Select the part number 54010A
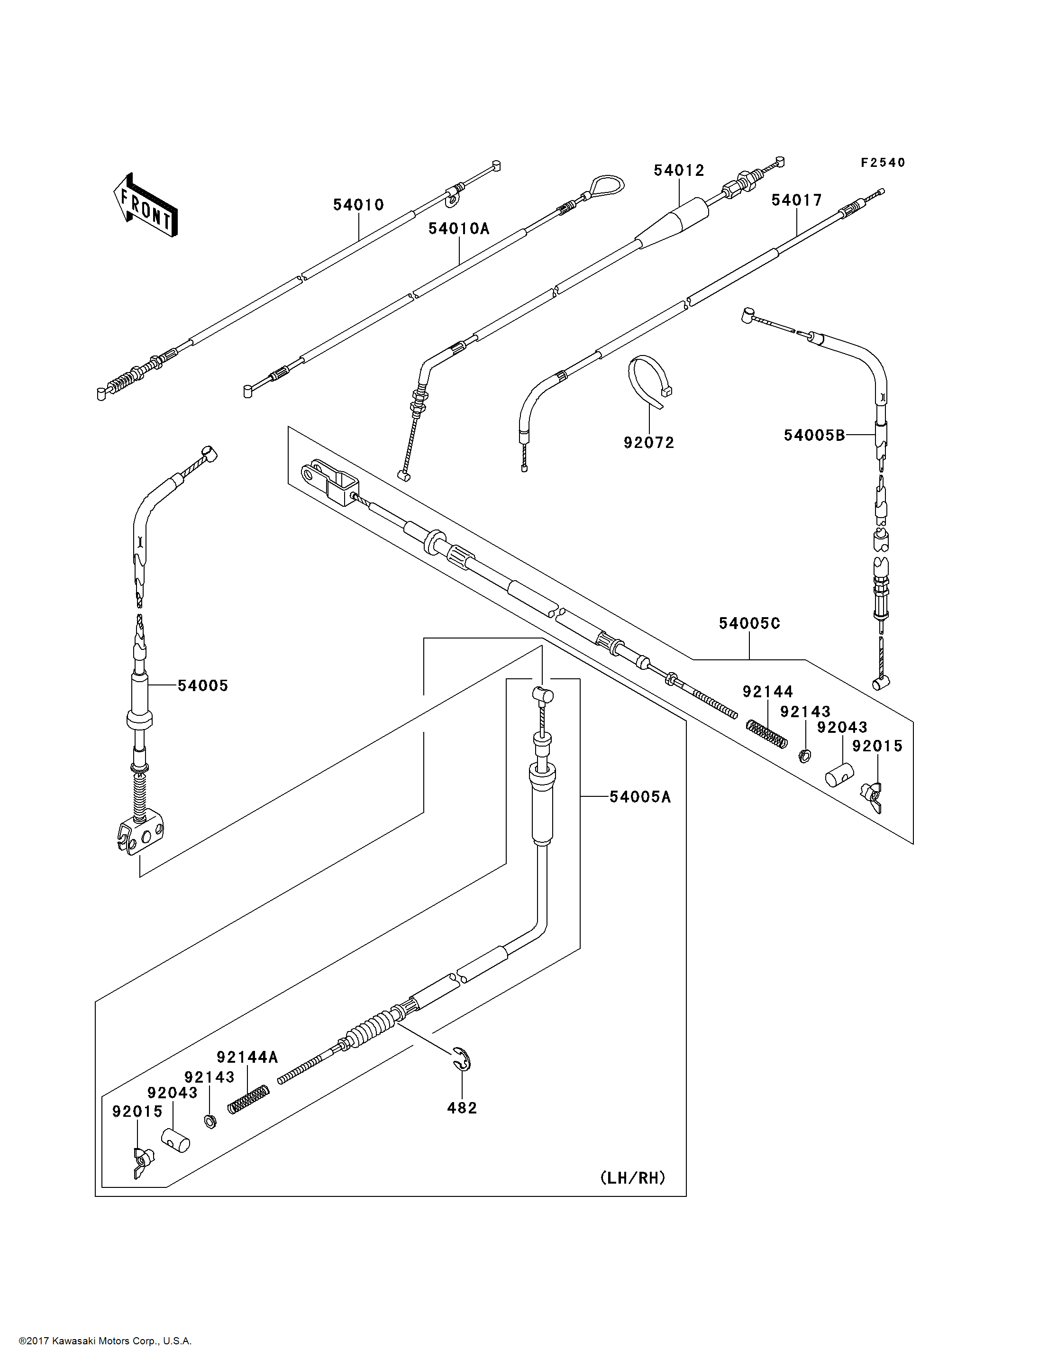click(x=459, y=229)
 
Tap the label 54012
click(x=679, y=170)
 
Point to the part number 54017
click(x=797, y=200)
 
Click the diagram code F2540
click(x=883, y=162)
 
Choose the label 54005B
click(x=814, y=435)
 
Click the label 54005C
click(x=749, y=623)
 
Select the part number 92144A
click(x=247, y=1057)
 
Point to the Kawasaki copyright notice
click(x=105, y=1341)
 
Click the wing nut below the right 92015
click(x=873, y=797)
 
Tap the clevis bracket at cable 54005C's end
click(x=329, y=482)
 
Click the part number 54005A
click(x=640, y=797)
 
